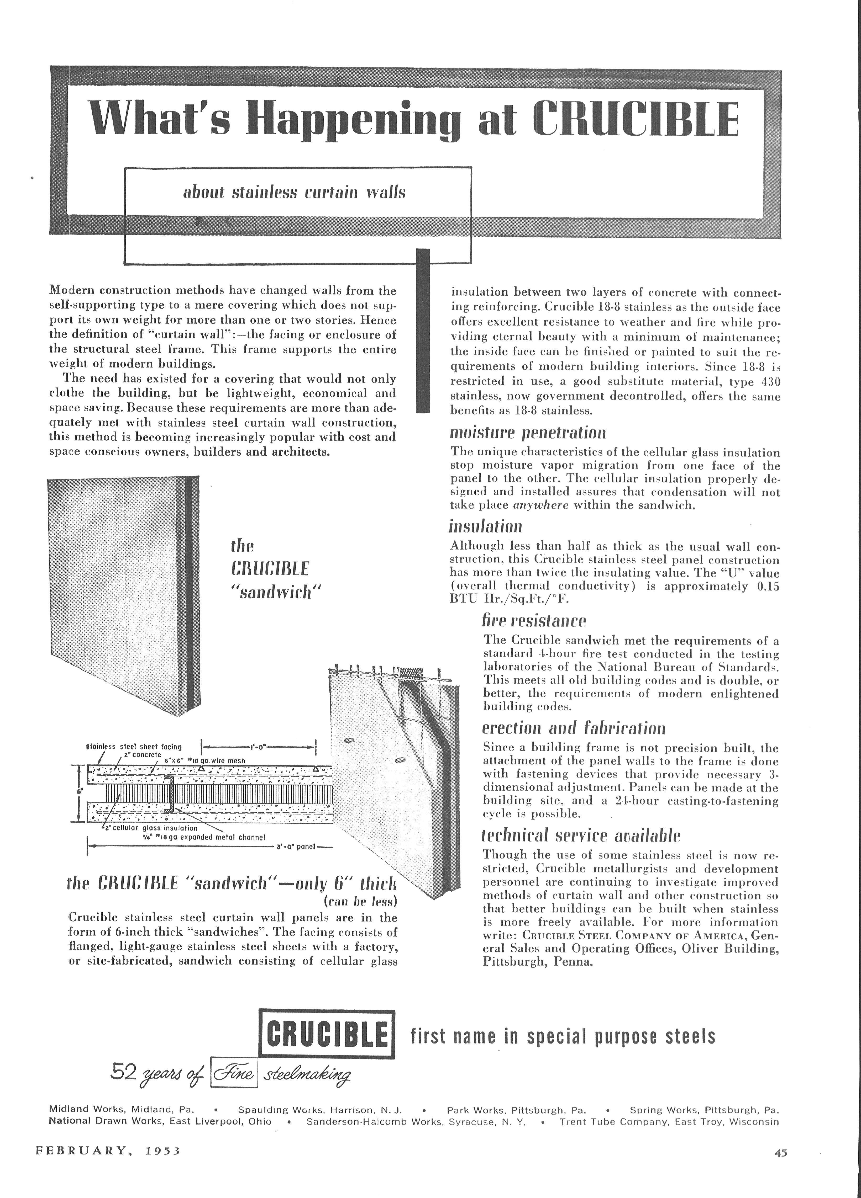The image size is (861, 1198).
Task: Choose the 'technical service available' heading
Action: pyautogui.click(x=581, y=836)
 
